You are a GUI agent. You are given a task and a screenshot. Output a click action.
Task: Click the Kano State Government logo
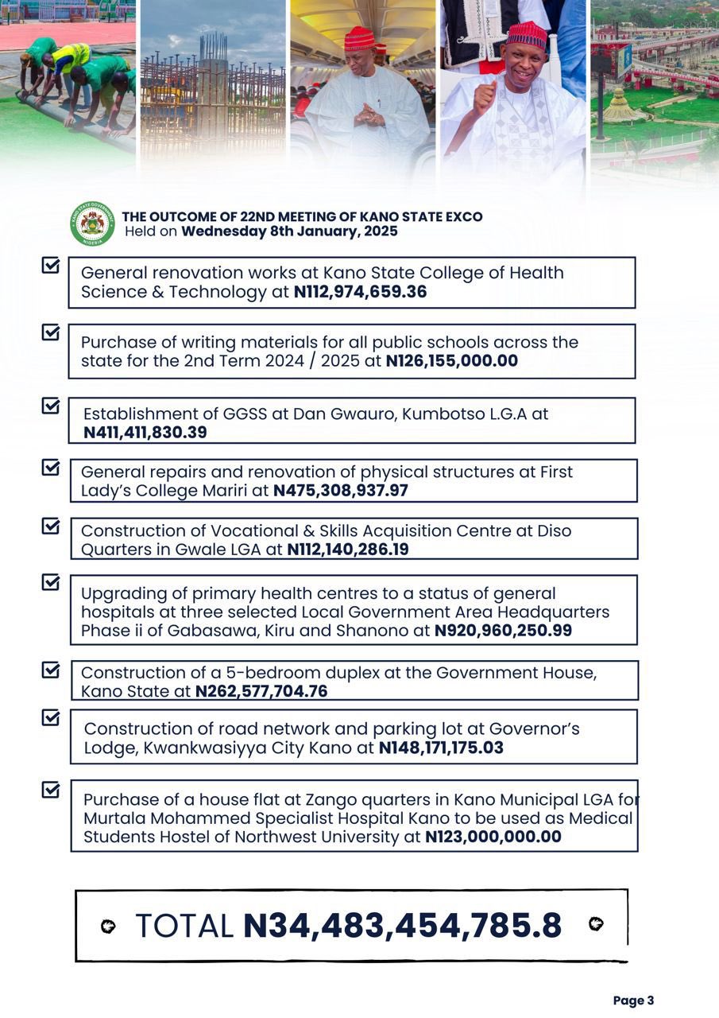[92, 223]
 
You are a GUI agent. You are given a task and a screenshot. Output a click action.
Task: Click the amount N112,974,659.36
[360, 292]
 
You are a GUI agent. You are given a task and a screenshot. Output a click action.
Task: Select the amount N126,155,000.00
[451, 361]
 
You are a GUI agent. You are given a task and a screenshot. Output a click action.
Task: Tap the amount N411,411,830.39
[145, 433]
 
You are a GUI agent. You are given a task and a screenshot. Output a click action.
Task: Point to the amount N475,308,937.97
[340, 491]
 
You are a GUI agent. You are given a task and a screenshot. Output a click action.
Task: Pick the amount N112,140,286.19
[347, 549]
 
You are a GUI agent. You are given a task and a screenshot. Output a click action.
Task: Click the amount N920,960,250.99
[503, 631]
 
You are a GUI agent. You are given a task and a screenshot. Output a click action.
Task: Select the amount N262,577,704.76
[261, 691]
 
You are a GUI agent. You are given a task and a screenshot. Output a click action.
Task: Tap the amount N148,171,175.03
[440, 748]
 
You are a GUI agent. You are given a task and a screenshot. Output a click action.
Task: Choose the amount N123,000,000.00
[493, 837]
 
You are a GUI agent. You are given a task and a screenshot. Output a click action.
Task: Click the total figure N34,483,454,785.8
[402, 926]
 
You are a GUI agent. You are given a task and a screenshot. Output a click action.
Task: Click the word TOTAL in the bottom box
[184, 926]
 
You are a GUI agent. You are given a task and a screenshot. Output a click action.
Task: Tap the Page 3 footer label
[633, 1001]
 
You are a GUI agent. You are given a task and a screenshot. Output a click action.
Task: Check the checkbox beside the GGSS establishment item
[51, 406]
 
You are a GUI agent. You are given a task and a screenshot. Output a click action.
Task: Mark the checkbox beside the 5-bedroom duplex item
[51, 670]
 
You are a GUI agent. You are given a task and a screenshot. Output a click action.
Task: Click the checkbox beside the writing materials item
[51, 332]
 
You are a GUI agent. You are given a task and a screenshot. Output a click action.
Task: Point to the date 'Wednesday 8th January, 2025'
[289, 231]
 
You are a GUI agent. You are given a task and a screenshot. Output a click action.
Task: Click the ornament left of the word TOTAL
[108, 926]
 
